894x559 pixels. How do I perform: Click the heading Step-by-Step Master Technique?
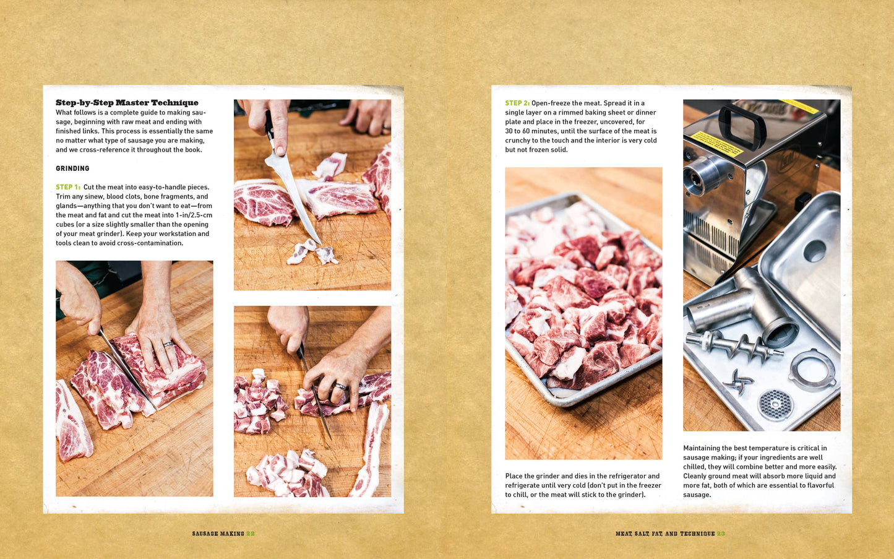tap(127, 103)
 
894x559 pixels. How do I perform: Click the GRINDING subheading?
tap(72, 168)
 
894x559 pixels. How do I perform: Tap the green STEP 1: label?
tap(68, 187)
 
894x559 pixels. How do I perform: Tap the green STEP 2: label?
tap(517, 103)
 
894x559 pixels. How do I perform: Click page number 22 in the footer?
tap(251, 534)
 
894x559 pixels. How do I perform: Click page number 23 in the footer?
tap(721, 534)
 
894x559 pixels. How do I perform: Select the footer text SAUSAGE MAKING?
tap(218, 534)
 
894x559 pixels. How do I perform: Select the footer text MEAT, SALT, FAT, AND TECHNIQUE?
tap(665, 534)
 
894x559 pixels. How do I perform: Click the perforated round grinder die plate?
tap(776, 405)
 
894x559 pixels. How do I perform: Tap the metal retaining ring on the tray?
tap(812, 370)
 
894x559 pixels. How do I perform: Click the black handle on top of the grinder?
tap(742, 124)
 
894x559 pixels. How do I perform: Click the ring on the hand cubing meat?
tap(340, 386)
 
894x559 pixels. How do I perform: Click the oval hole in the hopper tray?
tap(815, 250)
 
